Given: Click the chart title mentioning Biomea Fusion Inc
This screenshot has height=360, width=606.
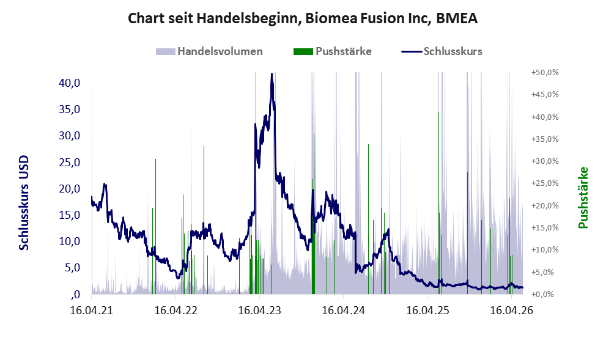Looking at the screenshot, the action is pos(303,18).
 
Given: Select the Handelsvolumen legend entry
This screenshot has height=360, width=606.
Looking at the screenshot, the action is pos(209,51).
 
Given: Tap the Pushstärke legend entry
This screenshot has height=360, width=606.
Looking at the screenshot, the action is pos(333,51).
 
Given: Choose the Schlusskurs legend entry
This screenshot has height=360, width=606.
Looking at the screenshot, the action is pos(442,51).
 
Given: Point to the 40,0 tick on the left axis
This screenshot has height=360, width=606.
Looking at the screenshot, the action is pos(69,83).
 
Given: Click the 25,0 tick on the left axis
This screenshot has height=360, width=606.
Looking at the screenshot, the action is pos(69,162).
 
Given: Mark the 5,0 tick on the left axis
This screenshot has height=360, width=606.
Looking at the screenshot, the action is pos(72,267).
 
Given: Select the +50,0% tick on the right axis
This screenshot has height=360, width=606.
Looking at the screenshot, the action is pos(545,73).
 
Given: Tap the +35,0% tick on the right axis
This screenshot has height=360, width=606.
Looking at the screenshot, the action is pos(545,139).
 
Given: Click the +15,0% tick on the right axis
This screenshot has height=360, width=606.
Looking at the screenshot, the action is pos(545,227).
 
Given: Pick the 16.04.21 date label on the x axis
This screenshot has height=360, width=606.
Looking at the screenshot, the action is pos(92,310).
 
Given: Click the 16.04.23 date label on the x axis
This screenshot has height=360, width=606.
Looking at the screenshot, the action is pos(260,310).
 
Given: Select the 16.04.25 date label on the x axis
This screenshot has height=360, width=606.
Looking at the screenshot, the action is pos(428,310).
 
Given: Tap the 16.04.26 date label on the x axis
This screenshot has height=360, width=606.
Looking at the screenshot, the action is pos(512,310).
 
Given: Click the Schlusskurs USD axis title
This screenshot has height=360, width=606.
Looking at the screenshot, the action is pos(24,203).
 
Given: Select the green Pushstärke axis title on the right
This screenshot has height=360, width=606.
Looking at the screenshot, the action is pos(583,197).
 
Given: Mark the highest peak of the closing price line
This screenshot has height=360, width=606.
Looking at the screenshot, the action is pos(272,74).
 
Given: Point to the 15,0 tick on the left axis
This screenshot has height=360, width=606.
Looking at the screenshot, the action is pos(69,215).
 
